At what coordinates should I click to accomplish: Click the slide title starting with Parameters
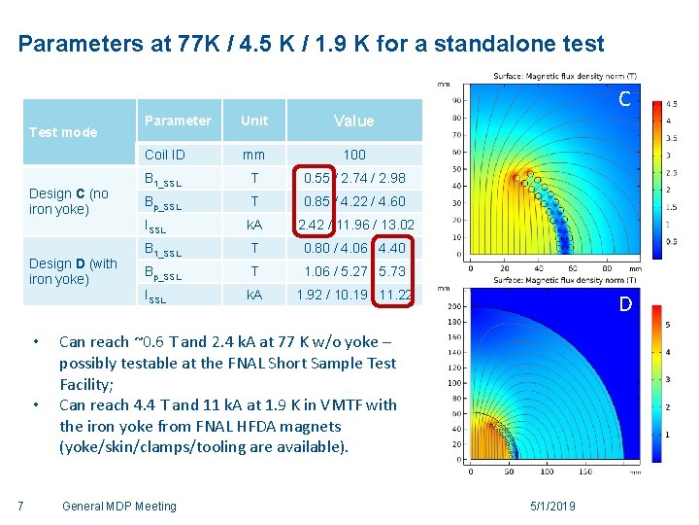coord(311,44)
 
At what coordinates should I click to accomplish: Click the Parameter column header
coord(177,121)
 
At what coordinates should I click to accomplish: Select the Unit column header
coord(254,121)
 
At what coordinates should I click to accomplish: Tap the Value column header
coord(353,121)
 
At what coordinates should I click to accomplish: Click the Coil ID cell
coord(164,155)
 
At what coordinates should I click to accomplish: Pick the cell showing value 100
coord(354,155)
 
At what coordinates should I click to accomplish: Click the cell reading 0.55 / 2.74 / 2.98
coord(354,178)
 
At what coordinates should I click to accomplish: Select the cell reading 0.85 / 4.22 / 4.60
coord(354,202)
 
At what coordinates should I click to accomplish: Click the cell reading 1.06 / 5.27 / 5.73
coord(354,271)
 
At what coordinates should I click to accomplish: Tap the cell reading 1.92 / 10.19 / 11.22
coord(354,295)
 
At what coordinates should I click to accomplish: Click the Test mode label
coord(63,132)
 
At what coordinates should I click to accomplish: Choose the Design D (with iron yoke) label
coord(73,271)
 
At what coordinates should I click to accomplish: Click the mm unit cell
coord(254,155)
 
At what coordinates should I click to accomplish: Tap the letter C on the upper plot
coord(625,98)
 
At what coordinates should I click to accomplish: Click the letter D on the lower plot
coord(625,305)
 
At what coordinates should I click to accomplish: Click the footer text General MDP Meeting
coord(118,506)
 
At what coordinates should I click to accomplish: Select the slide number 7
coord(20,506)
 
